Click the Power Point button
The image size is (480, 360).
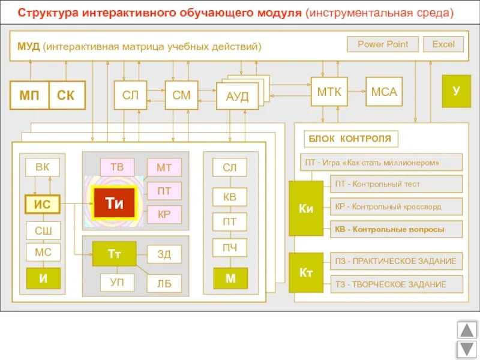383,44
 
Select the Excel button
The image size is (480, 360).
443,44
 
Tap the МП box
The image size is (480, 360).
29,95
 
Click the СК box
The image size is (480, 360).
66,95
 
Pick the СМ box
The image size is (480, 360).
181,95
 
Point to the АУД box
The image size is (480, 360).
237,97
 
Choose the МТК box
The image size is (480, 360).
329,92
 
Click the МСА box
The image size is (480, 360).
384,92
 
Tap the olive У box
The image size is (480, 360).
456,91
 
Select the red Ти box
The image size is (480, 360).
114,203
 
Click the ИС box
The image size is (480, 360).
42,205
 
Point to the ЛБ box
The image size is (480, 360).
164,283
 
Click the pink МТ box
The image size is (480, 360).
164,168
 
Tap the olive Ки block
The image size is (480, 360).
306,209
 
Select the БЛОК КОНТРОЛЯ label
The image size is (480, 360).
350,139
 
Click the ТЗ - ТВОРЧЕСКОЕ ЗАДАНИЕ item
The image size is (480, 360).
396,284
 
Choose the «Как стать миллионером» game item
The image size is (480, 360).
381,162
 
